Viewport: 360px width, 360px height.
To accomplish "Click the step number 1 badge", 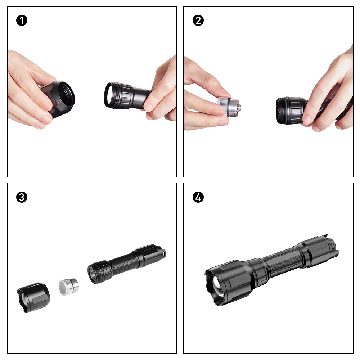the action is pos(22,21).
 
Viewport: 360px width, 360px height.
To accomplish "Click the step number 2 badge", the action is pos(198,21).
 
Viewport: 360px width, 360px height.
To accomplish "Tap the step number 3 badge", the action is pos(22,197).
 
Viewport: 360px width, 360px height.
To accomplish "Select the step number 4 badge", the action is pos(198,197).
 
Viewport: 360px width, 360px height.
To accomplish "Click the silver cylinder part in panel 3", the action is pos(69,287).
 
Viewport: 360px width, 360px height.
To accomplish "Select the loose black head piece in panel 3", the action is pos(33,298).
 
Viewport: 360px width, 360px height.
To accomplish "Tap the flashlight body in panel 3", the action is pos(126,264).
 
